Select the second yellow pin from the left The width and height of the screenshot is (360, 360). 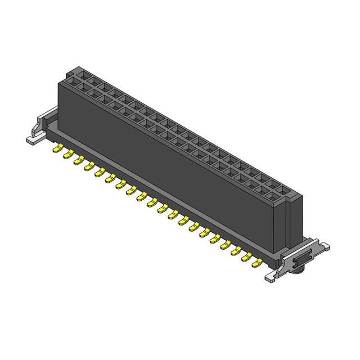coord(67,154)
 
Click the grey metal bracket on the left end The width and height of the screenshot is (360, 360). coord(43,125)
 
